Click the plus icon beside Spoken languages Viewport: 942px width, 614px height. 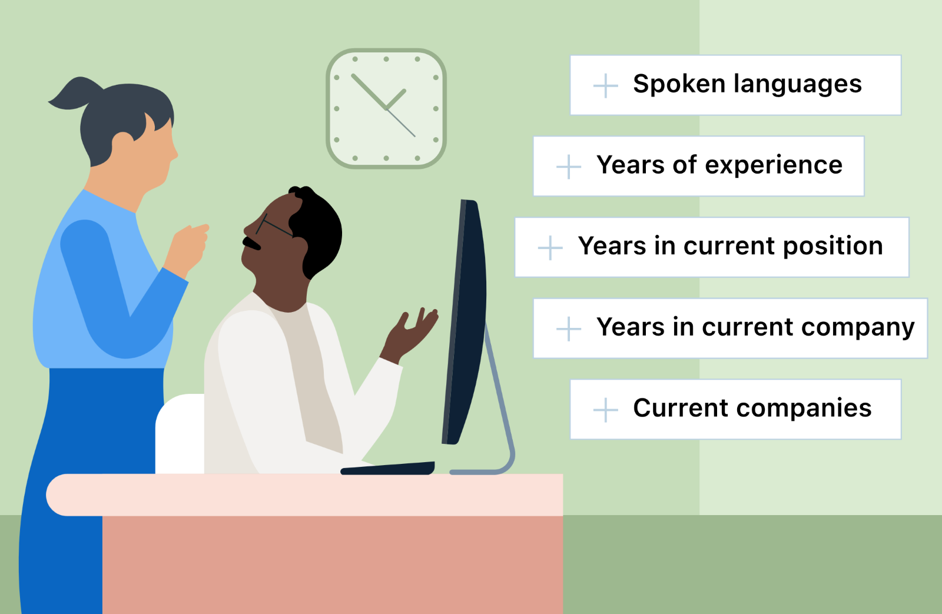tap(606, 85)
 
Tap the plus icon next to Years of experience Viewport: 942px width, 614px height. tap(569, 167)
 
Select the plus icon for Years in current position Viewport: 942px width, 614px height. tap(550, 248)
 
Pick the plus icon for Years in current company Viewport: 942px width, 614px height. tap(569, 328)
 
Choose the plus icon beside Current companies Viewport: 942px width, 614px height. tap(606, 410)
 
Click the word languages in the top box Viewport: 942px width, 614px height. tap(798, 85)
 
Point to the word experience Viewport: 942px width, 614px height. tap(774, 165)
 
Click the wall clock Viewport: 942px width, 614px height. tap(386, 108)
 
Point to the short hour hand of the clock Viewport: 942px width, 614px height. tap(396, 99)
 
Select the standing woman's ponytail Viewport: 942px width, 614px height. tap(76, 94)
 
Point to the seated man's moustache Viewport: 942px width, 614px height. tap(251, 243)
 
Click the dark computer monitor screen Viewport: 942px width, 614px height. tap(465, 322)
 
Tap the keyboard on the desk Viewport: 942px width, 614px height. tap(387, 468)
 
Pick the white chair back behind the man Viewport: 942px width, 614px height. tap(180, 434)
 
